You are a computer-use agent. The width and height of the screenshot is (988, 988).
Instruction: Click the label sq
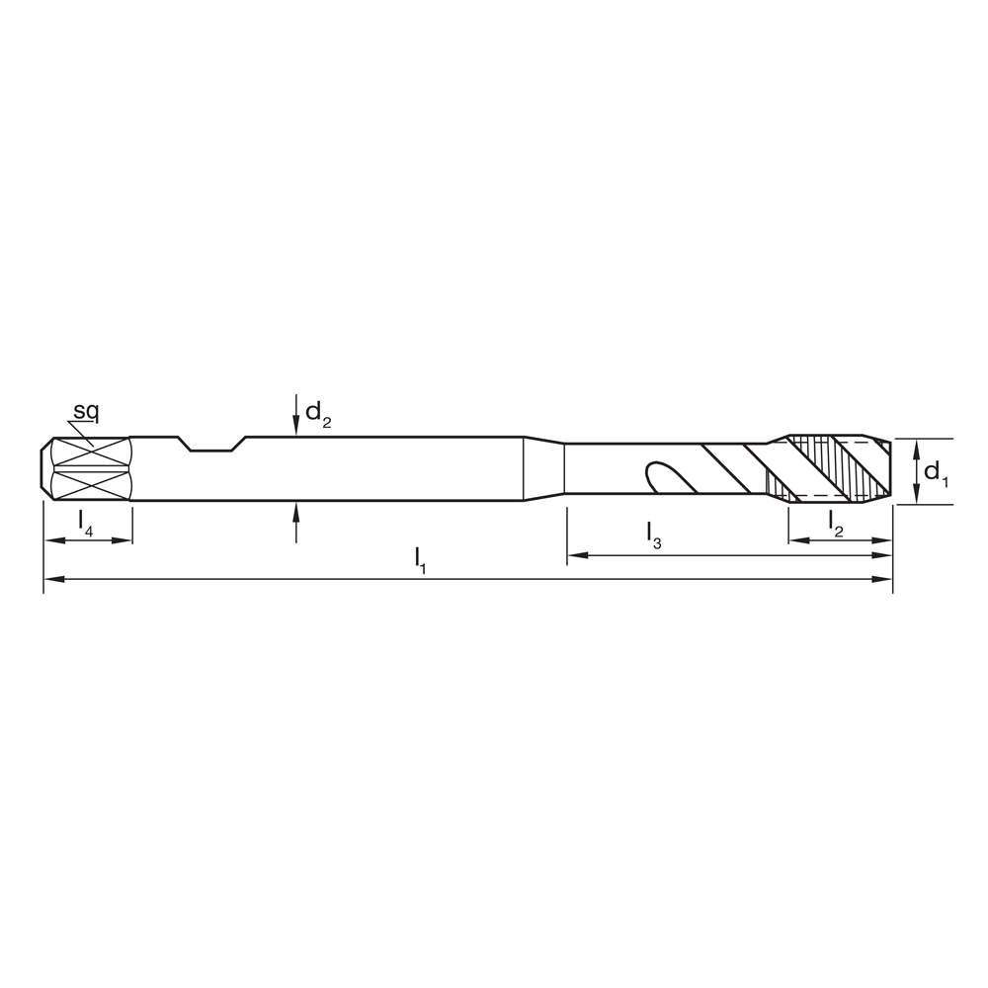pyautogui.click(x=86, y=411)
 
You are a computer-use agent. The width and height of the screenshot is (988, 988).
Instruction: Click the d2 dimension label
pyautogui.click(x=317, y=413)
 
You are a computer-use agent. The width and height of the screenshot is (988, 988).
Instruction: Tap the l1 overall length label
pyautogui.click(x=421, y=558)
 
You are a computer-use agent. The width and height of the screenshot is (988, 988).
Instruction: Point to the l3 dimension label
pyautogui.click(x=654, y=535)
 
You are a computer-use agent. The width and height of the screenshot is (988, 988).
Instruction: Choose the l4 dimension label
pyautogui.click(x=86, y=521)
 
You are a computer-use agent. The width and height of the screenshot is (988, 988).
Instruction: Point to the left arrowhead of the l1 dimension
pyautogui.click(x=52, y=579)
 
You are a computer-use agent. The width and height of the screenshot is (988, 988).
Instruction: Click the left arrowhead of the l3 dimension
pyautogui.click(x=576, y=556)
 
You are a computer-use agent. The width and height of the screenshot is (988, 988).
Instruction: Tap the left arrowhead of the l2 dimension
pyautogui.click(x=797, y=540)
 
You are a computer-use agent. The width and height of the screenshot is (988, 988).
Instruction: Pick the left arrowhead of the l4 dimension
pyautogui.click(x=52, y=540)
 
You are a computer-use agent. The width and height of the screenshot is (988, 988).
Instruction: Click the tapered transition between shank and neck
pyautogui.click(x=543, y=468)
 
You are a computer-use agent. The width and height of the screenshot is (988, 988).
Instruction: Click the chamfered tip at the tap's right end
pyautogui.click(x=885, y=468)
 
